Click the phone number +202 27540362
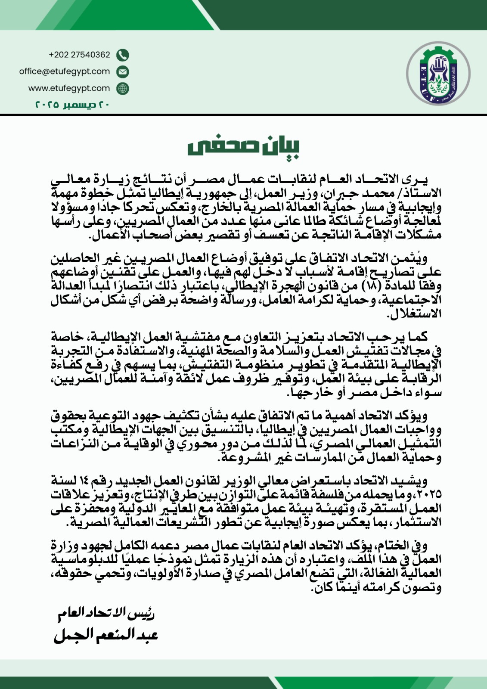click(x=79, y=55)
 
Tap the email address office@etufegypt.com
click(x=65, y=71)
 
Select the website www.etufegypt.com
click(x=69, y=88)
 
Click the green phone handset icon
click(x=123, y=55)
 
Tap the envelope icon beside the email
click(x=123, y=72)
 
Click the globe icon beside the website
click(x=123, y=89)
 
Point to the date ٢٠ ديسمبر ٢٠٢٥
click(x=72, y=105)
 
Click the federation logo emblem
click(x=438, y=74)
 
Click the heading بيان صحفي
click(x=243, y=147)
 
